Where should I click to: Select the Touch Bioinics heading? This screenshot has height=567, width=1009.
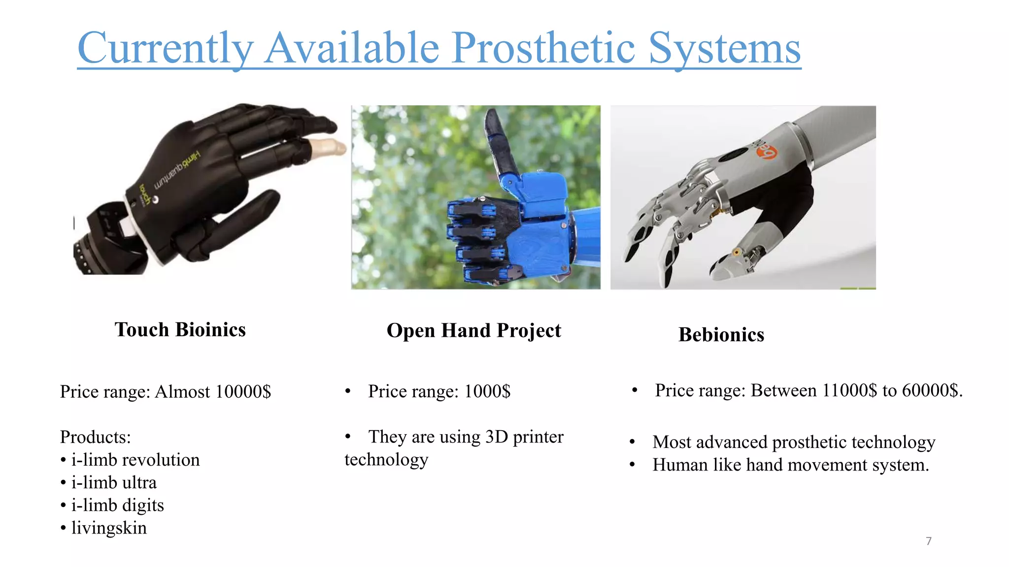(180, 330)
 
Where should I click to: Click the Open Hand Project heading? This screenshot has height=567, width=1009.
(473, 331)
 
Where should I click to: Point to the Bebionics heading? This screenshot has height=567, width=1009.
(721, 335)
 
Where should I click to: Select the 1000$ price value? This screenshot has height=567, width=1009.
(487, 391)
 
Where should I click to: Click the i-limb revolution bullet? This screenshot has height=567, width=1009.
(135, 460)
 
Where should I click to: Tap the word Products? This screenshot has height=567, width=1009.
(95, 437)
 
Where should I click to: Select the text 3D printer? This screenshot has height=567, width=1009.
(524, 437)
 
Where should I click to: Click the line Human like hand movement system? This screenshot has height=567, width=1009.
(790, 465)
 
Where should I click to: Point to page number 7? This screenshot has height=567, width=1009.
(929, 541)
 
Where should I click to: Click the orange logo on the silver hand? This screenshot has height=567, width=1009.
(768, 153)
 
